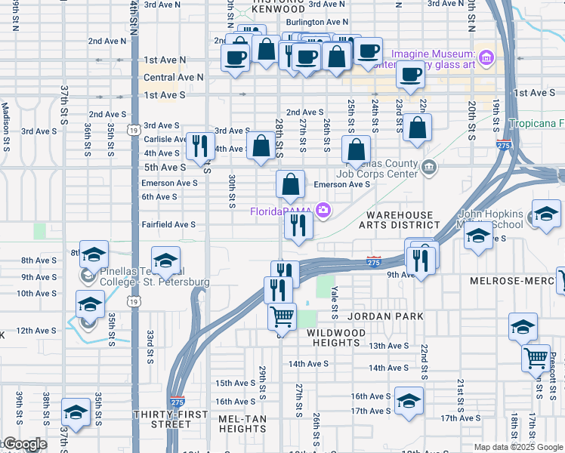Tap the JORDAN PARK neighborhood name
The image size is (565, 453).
click(385, 316)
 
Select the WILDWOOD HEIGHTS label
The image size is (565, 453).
click(336, 337)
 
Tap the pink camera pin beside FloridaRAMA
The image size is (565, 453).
click(323, 210)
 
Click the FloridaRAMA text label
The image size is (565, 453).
click(282, 211)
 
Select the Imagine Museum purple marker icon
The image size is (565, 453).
click(486, 57)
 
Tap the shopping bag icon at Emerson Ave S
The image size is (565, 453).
click(290, 183)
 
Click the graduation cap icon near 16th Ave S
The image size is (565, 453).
click(409, 400)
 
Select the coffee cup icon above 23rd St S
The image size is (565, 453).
click(410, 74)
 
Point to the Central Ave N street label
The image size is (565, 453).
click(174, 77)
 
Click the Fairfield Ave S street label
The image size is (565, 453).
click(168, 224)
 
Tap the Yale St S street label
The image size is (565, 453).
click(334, 300)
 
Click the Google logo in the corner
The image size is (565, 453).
click(24, 444)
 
